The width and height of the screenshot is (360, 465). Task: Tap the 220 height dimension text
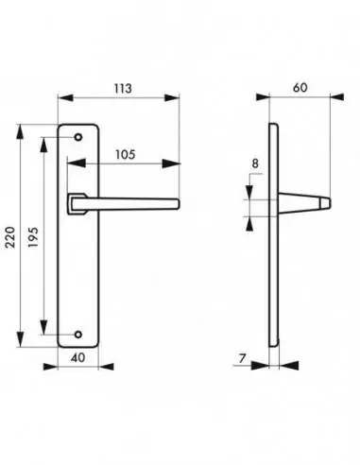point(10,241)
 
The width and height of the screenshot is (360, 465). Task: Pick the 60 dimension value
point(300,87)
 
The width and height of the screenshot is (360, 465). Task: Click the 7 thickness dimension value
point(244,357)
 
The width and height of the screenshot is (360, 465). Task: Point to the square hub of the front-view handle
point(75,202)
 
